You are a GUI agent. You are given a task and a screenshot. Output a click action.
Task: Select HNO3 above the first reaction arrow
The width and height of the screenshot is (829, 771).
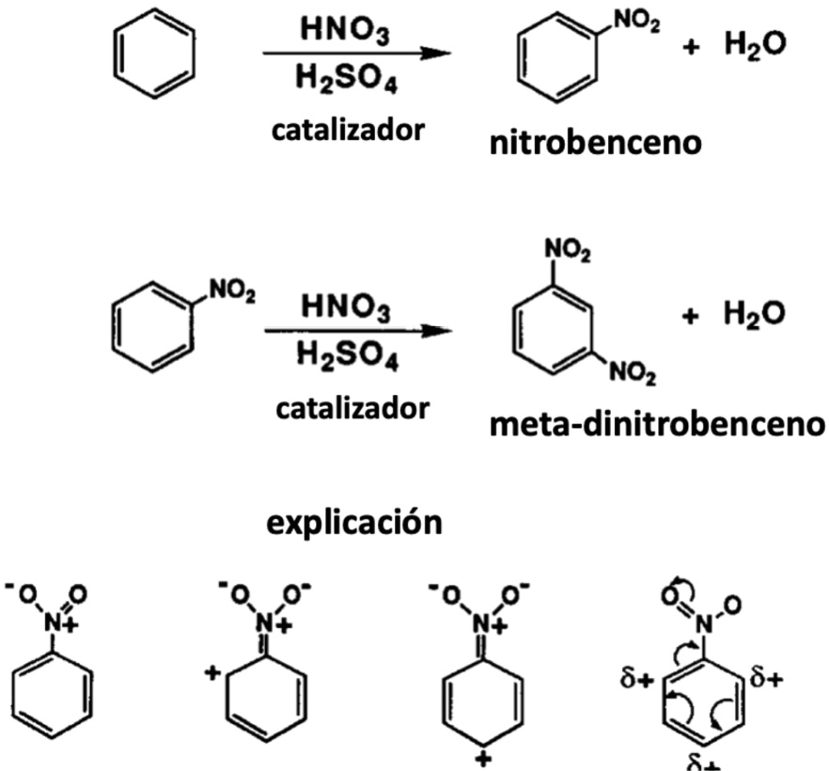344,29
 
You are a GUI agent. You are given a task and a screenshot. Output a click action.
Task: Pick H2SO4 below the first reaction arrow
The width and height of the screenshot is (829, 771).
344,81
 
